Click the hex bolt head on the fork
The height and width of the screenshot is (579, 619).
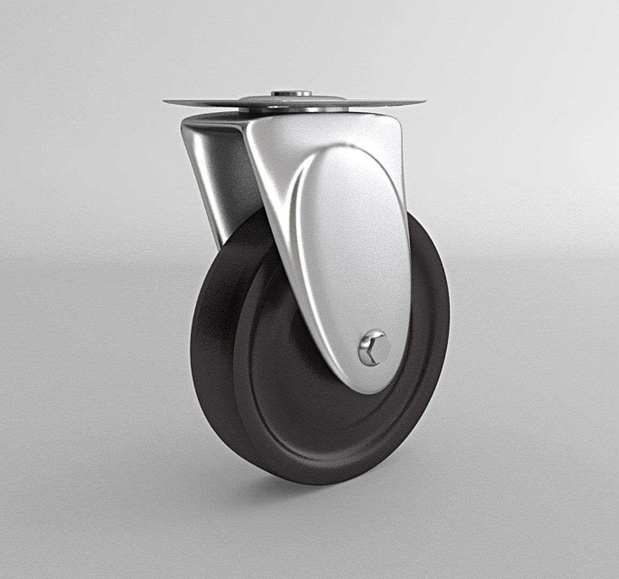tap(375, 348)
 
